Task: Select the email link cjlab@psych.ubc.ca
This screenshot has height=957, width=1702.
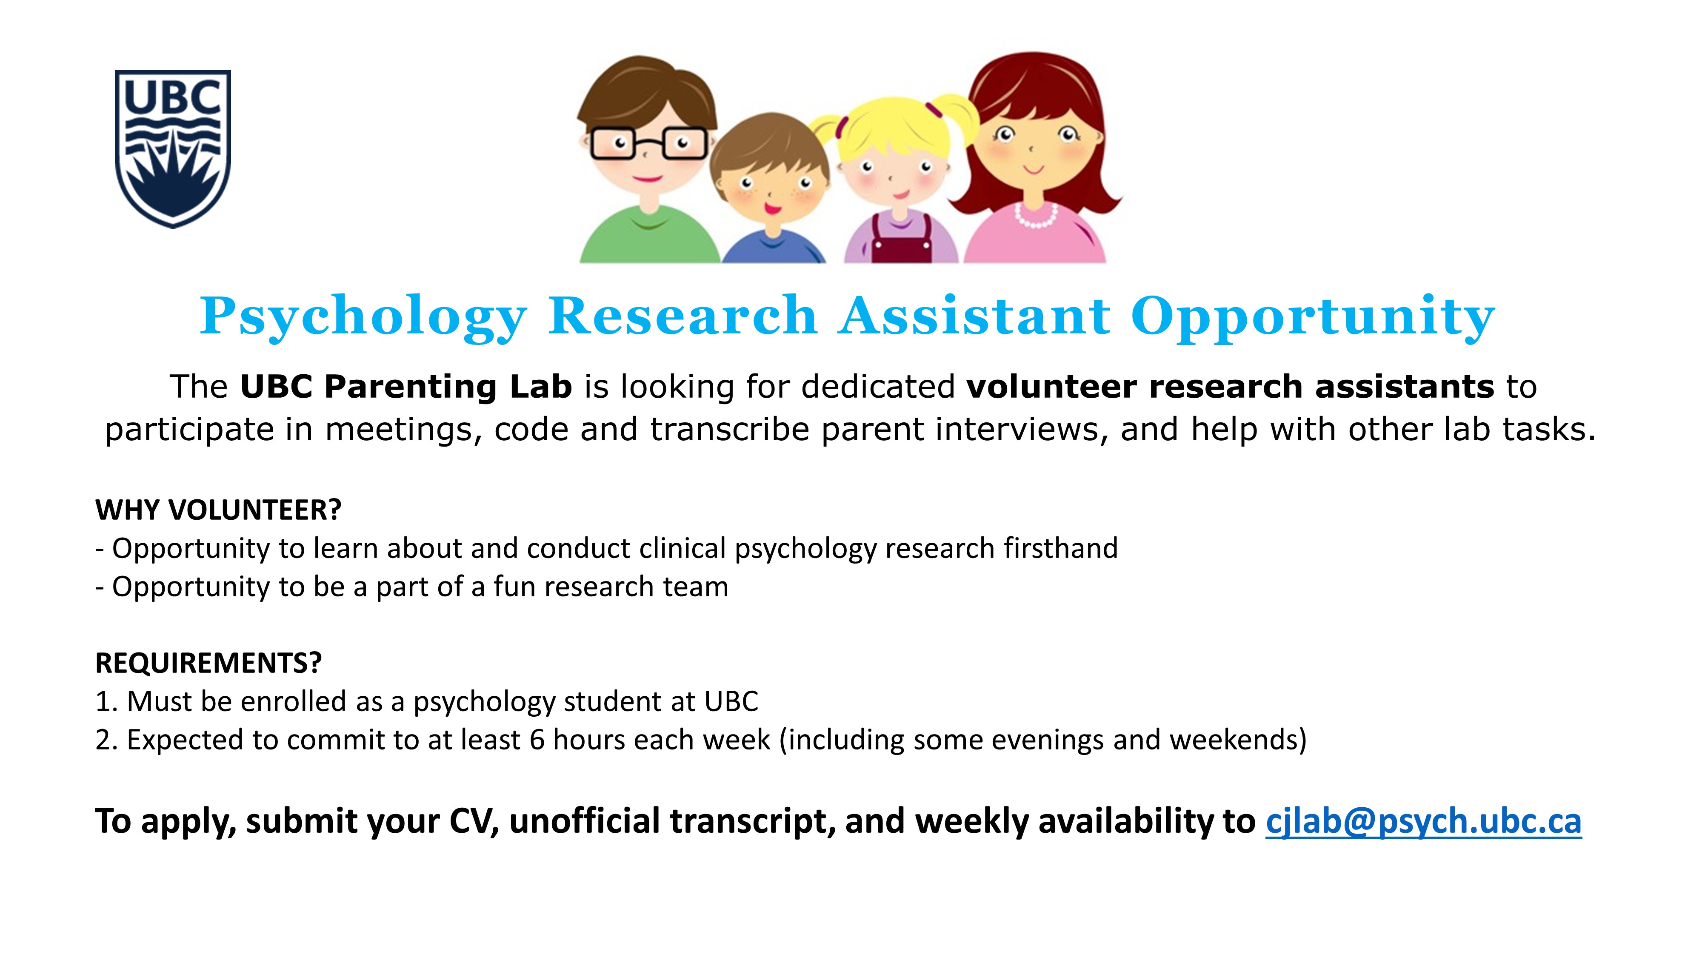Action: pos(1423,821)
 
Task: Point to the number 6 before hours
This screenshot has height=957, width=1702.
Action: pos(537,740)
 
